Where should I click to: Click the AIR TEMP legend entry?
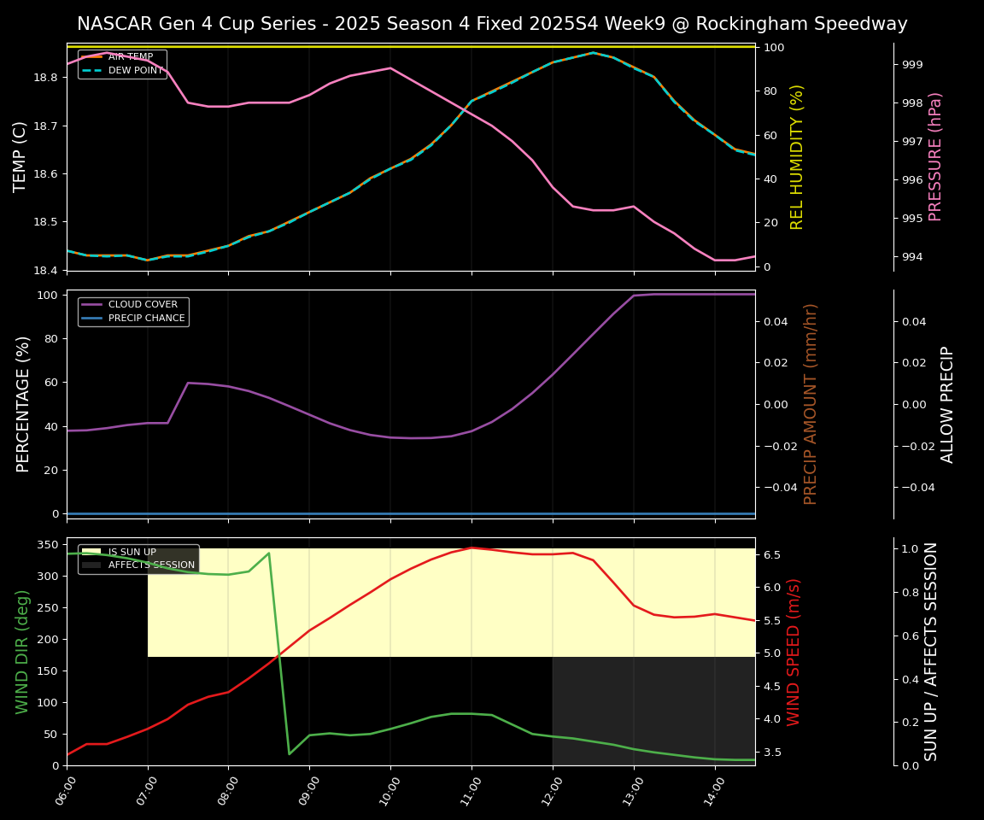point(130,57)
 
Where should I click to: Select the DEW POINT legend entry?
point(135,71)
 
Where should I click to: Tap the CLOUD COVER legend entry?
point(143,305)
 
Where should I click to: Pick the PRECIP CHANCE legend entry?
point(146,319)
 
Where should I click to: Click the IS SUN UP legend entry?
point(132,553)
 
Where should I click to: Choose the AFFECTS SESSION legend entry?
point(151,565)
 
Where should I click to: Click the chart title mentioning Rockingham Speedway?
point(492,24)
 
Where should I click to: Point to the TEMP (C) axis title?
point(21,156)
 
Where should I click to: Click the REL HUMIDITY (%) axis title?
point(797,156)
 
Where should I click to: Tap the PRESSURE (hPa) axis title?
point(935,156)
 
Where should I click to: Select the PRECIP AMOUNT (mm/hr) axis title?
point(811,404)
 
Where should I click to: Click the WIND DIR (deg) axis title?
point(22,652)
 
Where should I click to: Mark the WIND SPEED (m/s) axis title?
point(794,652)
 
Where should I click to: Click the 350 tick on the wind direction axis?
point(48,545)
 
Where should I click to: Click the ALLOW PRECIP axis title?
point(947,404)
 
